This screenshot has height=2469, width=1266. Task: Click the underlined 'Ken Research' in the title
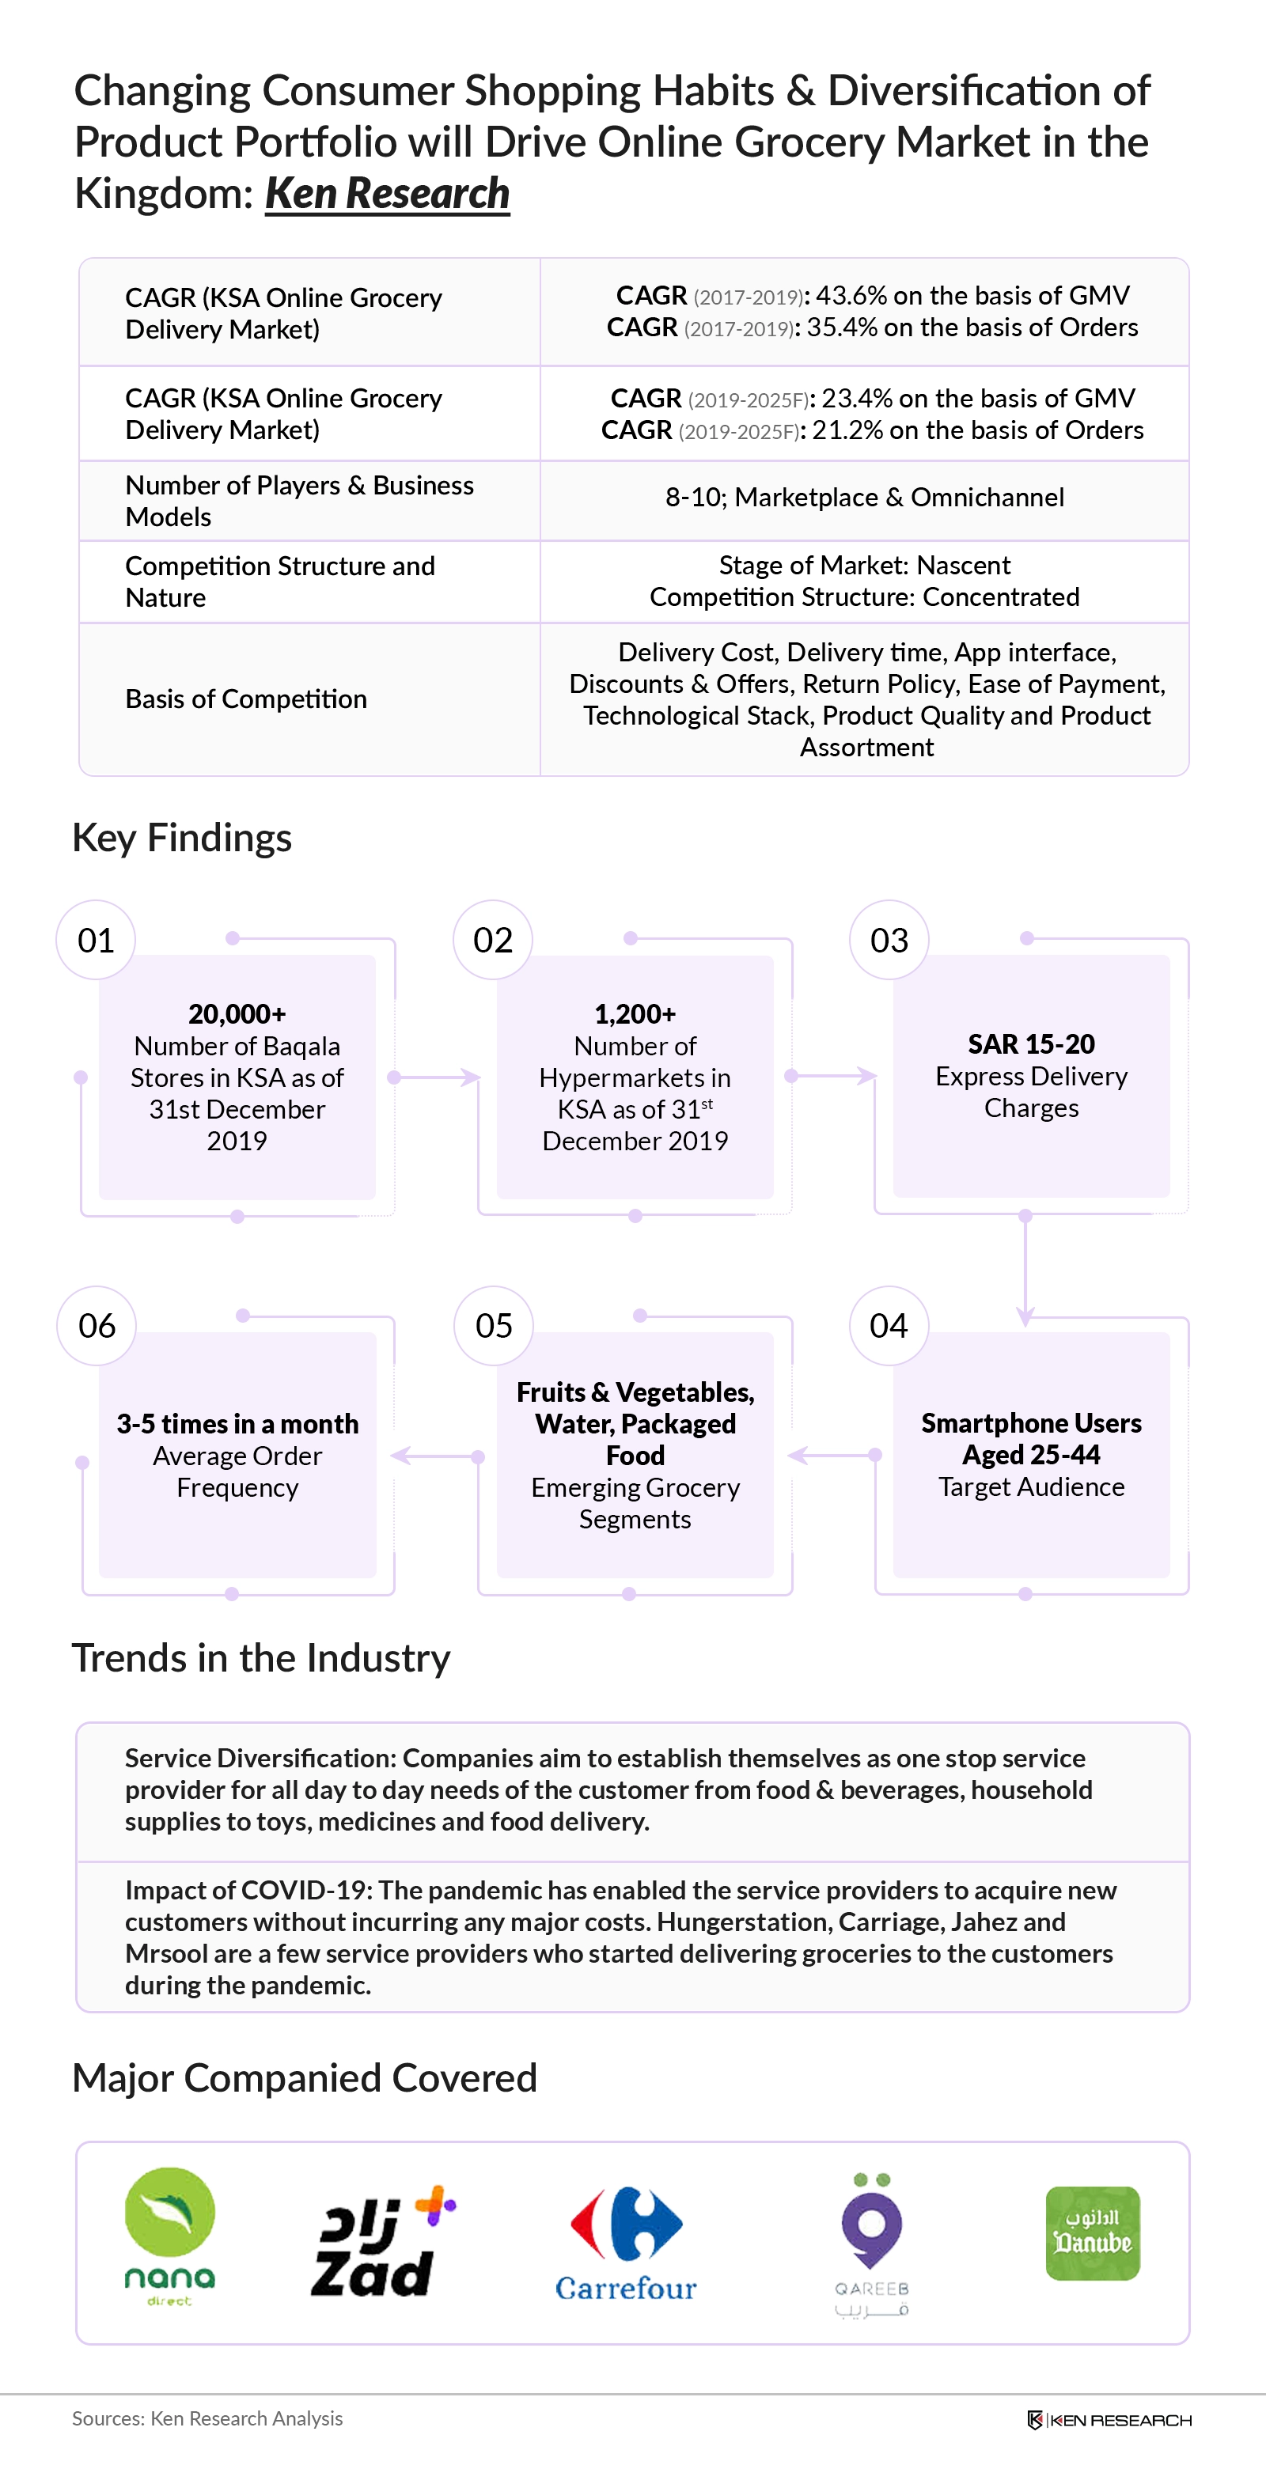[387, 193]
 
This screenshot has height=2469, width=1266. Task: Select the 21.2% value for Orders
[846, 430]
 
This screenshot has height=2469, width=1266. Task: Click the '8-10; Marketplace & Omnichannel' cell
[865, 498]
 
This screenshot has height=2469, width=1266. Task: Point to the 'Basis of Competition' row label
[246, 699]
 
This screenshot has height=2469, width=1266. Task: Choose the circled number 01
[96, 941]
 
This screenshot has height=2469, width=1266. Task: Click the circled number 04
[889, 1326]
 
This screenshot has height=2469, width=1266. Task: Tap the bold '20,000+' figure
[237, 1013]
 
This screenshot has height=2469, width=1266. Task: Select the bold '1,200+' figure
[635, 1013]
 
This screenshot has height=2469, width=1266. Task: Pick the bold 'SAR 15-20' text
[1031, 1043]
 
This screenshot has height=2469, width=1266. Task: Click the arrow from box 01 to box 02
[437, 1077]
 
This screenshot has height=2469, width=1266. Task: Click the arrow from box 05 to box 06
[437, 1456]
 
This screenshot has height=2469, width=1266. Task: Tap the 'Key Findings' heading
[182, 838]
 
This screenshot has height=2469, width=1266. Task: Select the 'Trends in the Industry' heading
[260, 1658]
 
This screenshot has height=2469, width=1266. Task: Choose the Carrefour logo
[626, 2244]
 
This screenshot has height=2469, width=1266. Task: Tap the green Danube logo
[1093, 2233]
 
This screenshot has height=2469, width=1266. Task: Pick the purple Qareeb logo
[871, 2243]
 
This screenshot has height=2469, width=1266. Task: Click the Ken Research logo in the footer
[1109, 2420]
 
